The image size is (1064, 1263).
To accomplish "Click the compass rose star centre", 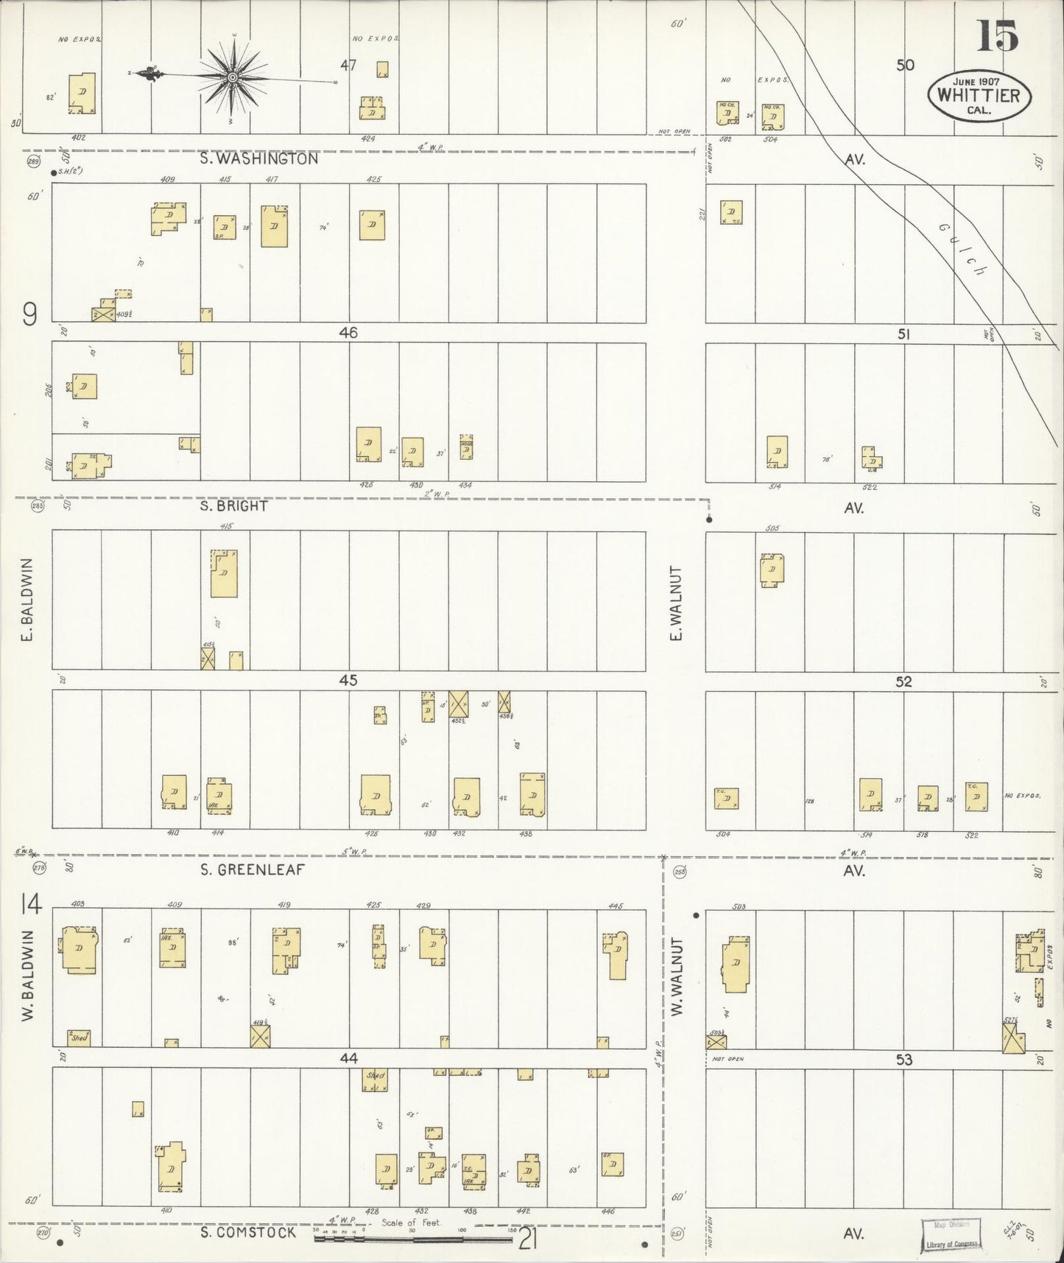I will click(x=232, y=77).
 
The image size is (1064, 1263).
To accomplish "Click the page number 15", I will click(x=997, y=36).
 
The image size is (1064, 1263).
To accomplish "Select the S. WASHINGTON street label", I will click(x=259, y=158).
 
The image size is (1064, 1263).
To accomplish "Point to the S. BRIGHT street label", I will click(x=234, y=507).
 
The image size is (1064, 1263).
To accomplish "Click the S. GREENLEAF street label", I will click(x=252, y=870).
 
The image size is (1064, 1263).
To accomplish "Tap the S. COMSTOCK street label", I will click(x=248, y=1232).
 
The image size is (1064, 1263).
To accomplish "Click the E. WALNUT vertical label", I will click(x=676, y=603).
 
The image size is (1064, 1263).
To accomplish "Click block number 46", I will click(x=348, y=333).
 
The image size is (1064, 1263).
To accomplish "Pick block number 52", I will click(x=903, y=682).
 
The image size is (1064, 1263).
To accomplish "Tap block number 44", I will click(x=348, y=1058).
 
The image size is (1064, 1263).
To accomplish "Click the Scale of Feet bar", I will click(x=412, y=1239).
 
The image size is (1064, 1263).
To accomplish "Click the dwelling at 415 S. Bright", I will click(x=224, y=573).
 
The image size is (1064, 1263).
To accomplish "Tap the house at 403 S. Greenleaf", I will click(x=79, y=950).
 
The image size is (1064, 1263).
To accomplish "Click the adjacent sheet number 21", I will click(x=527, y=1239).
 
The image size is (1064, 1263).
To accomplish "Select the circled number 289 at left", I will click(x=33, y=161).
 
